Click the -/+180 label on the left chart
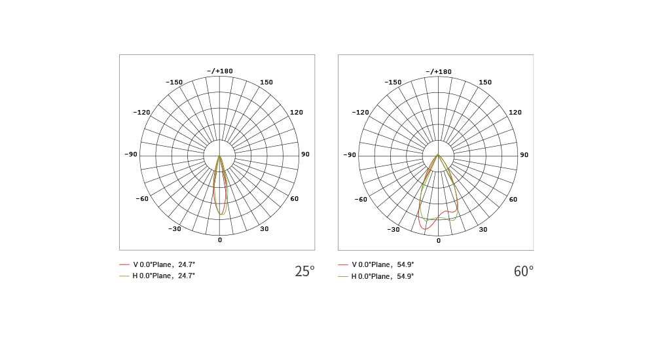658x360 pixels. coord(220,71)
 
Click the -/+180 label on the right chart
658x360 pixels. coord(439,72)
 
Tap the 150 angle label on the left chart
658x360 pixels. coord(266,82)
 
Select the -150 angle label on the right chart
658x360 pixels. coord(393,82)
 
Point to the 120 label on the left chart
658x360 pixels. coord(297,112)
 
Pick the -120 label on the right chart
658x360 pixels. coord(360,112)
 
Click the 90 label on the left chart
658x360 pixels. coord(305,154)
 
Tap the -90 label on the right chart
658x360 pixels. coord(350,155)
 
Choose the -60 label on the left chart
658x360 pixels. coord(142,198)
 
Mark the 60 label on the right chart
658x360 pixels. coord(513,199)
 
